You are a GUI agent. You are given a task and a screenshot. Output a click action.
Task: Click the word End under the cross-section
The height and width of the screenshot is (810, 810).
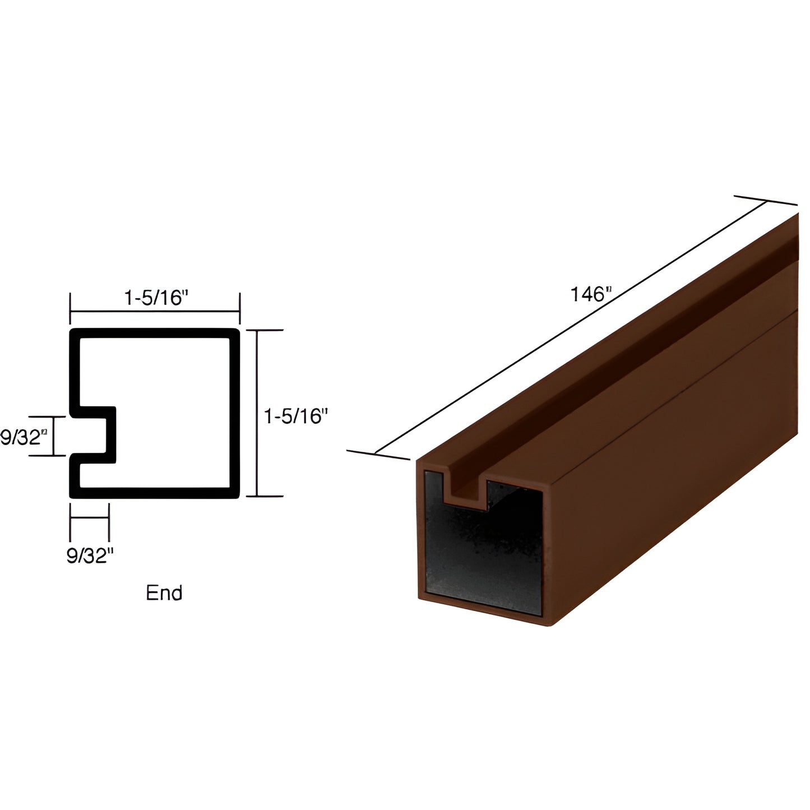click(x=164, y=593)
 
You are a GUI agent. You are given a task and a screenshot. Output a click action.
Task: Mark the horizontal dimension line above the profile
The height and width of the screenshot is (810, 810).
click(x=155, y=311)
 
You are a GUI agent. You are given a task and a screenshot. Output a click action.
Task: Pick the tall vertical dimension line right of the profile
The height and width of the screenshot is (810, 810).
click(x=257, y=414)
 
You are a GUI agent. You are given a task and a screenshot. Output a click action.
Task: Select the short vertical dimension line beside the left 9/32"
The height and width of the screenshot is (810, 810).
click(x=54, y=436)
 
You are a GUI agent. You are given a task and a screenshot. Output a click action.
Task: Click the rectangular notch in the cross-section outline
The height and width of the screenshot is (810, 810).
click(x=95, y=435)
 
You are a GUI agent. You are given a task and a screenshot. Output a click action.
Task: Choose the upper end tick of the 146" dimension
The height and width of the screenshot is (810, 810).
click(x=766, y=201)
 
